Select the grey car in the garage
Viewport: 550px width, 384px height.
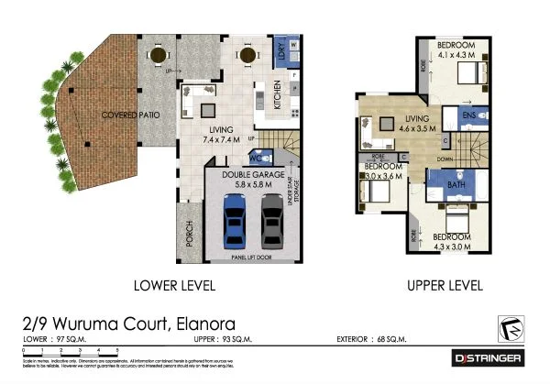[271, 224]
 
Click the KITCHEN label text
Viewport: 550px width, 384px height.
[279, 96]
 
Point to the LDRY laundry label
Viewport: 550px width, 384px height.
[282, 53]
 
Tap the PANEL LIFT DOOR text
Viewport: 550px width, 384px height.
[250, 258]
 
